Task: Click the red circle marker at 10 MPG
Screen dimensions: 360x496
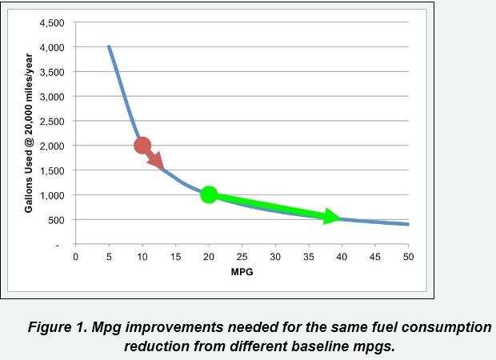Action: pos(142,145)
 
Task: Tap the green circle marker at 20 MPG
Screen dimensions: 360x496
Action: pos(209,194)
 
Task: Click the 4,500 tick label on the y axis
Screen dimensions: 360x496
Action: pos(51,23)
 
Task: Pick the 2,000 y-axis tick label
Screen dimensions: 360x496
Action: pos(51,146)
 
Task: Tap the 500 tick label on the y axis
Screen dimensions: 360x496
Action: pos(57,219)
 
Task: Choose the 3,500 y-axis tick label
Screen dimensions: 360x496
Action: pos(51,72)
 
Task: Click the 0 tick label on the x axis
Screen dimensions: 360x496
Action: pos(75,257)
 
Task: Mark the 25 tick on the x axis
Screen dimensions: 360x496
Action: pos(242,257)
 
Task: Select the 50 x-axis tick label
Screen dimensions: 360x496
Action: pos(408,257)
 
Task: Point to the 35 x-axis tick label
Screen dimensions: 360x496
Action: pos(308,257)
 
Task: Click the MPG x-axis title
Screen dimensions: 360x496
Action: pos(242,272)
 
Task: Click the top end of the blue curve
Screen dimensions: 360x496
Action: pos(109,47)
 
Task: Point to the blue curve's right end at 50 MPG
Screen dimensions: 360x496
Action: pos(408,225)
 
